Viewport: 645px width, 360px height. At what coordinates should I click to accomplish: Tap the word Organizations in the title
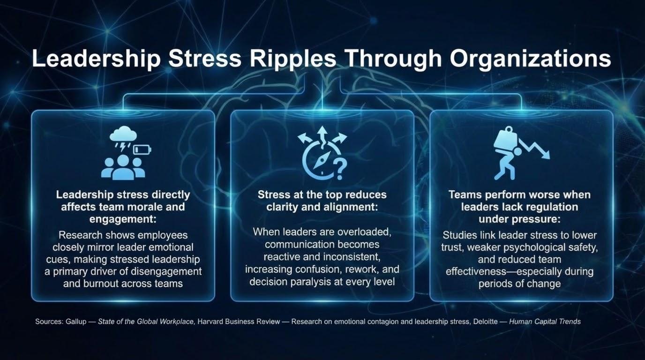point(531,59)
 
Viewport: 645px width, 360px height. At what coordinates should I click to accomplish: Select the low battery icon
point(142,150)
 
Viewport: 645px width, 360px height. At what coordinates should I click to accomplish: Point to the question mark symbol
point(340,170)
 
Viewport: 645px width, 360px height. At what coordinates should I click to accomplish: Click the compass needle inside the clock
point(321,161)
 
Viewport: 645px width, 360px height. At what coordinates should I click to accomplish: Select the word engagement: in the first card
point(123,219)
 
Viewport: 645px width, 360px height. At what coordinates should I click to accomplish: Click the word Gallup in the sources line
point(76,322)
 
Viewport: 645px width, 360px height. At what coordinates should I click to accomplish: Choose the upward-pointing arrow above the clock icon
point(322,135)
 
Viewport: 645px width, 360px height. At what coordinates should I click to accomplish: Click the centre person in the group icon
point(123,167)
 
